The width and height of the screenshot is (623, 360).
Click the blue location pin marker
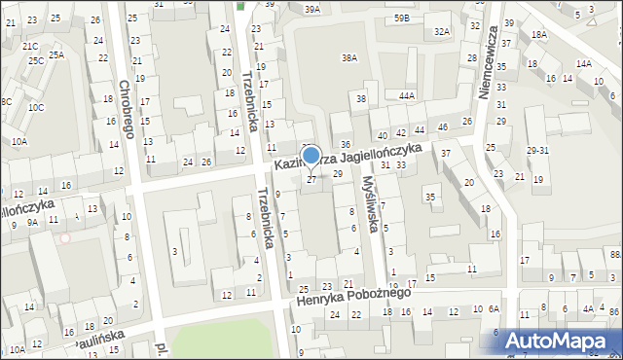311,156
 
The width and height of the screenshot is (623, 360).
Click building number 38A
348,58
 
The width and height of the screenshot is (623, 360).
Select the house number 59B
401,18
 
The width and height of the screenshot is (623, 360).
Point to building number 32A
442,32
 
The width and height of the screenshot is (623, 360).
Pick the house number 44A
406,95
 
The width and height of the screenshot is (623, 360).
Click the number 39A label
311,9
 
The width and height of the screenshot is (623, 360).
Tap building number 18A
538,35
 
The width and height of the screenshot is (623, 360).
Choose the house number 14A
583,63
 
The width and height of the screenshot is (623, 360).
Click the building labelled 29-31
538,150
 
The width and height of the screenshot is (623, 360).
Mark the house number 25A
56,54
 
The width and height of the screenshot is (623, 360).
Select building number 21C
30,46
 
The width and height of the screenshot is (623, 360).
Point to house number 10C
35,107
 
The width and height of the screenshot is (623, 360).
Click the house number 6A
494,308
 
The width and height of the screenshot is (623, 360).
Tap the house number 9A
32,223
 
